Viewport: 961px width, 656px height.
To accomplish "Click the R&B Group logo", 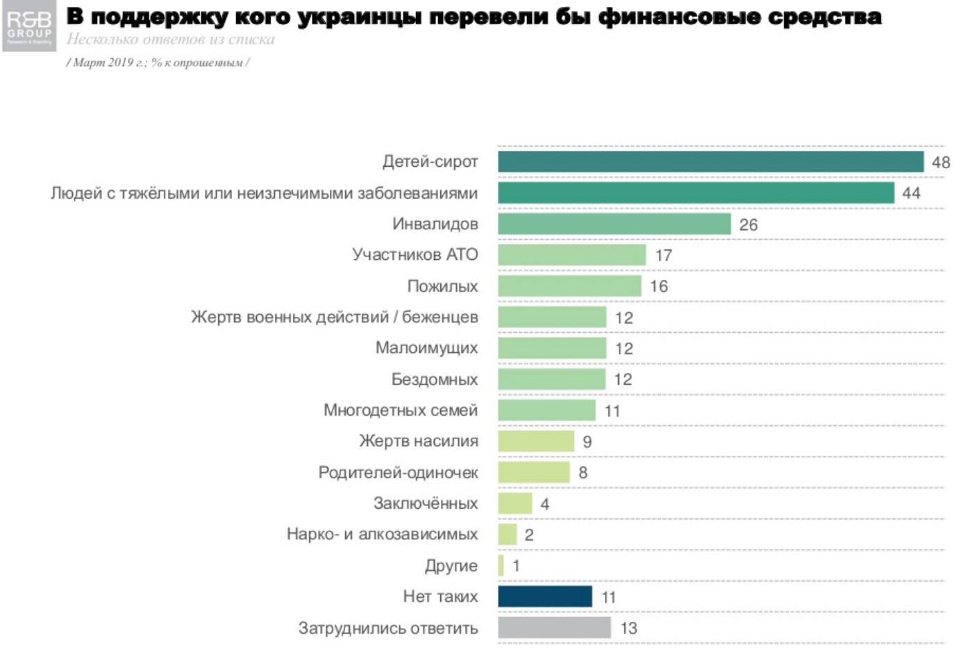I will tap(29, 26).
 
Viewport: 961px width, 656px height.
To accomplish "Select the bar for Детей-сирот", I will tap(710, 162).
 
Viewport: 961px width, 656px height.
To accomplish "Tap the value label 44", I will tap(911, 193).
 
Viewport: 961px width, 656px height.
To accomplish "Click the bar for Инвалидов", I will tap(614, 224).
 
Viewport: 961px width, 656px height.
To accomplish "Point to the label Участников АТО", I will tap(415, 254).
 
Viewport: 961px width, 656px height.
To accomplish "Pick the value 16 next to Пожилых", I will tap(658, 286).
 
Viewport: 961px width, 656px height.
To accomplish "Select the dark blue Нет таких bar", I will tap(545, 596).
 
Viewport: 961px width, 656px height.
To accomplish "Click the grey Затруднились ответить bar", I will tap(554, 628).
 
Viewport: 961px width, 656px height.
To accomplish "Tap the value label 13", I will tap(628, 628).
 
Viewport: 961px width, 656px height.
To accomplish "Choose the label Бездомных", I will tap(434, 379).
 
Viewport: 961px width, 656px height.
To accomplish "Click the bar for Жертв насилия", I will tap(535, 441).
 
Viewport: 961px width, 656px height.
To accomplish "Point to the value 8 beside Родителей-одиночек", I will tap(583, 473).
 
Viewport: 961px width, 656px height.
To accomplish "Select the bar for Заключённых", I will tap(515, 503).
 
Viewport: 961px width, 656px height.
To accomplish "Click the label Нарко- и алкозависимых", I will tap(382, 534).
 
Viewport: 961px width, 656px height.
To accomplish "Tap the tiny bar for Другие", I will tap(501, 566).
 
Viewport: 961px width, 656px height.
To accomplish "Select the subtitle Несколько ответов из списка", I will tap(170, 40).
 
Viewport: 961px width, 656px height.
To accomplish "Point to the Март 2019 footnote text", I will tap(158, 63).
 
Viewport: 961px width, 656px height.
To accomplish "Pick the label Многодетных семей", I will tap(400, 410).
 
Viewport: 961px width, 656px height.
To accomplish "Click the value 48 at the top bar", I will tap(940, 163).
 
